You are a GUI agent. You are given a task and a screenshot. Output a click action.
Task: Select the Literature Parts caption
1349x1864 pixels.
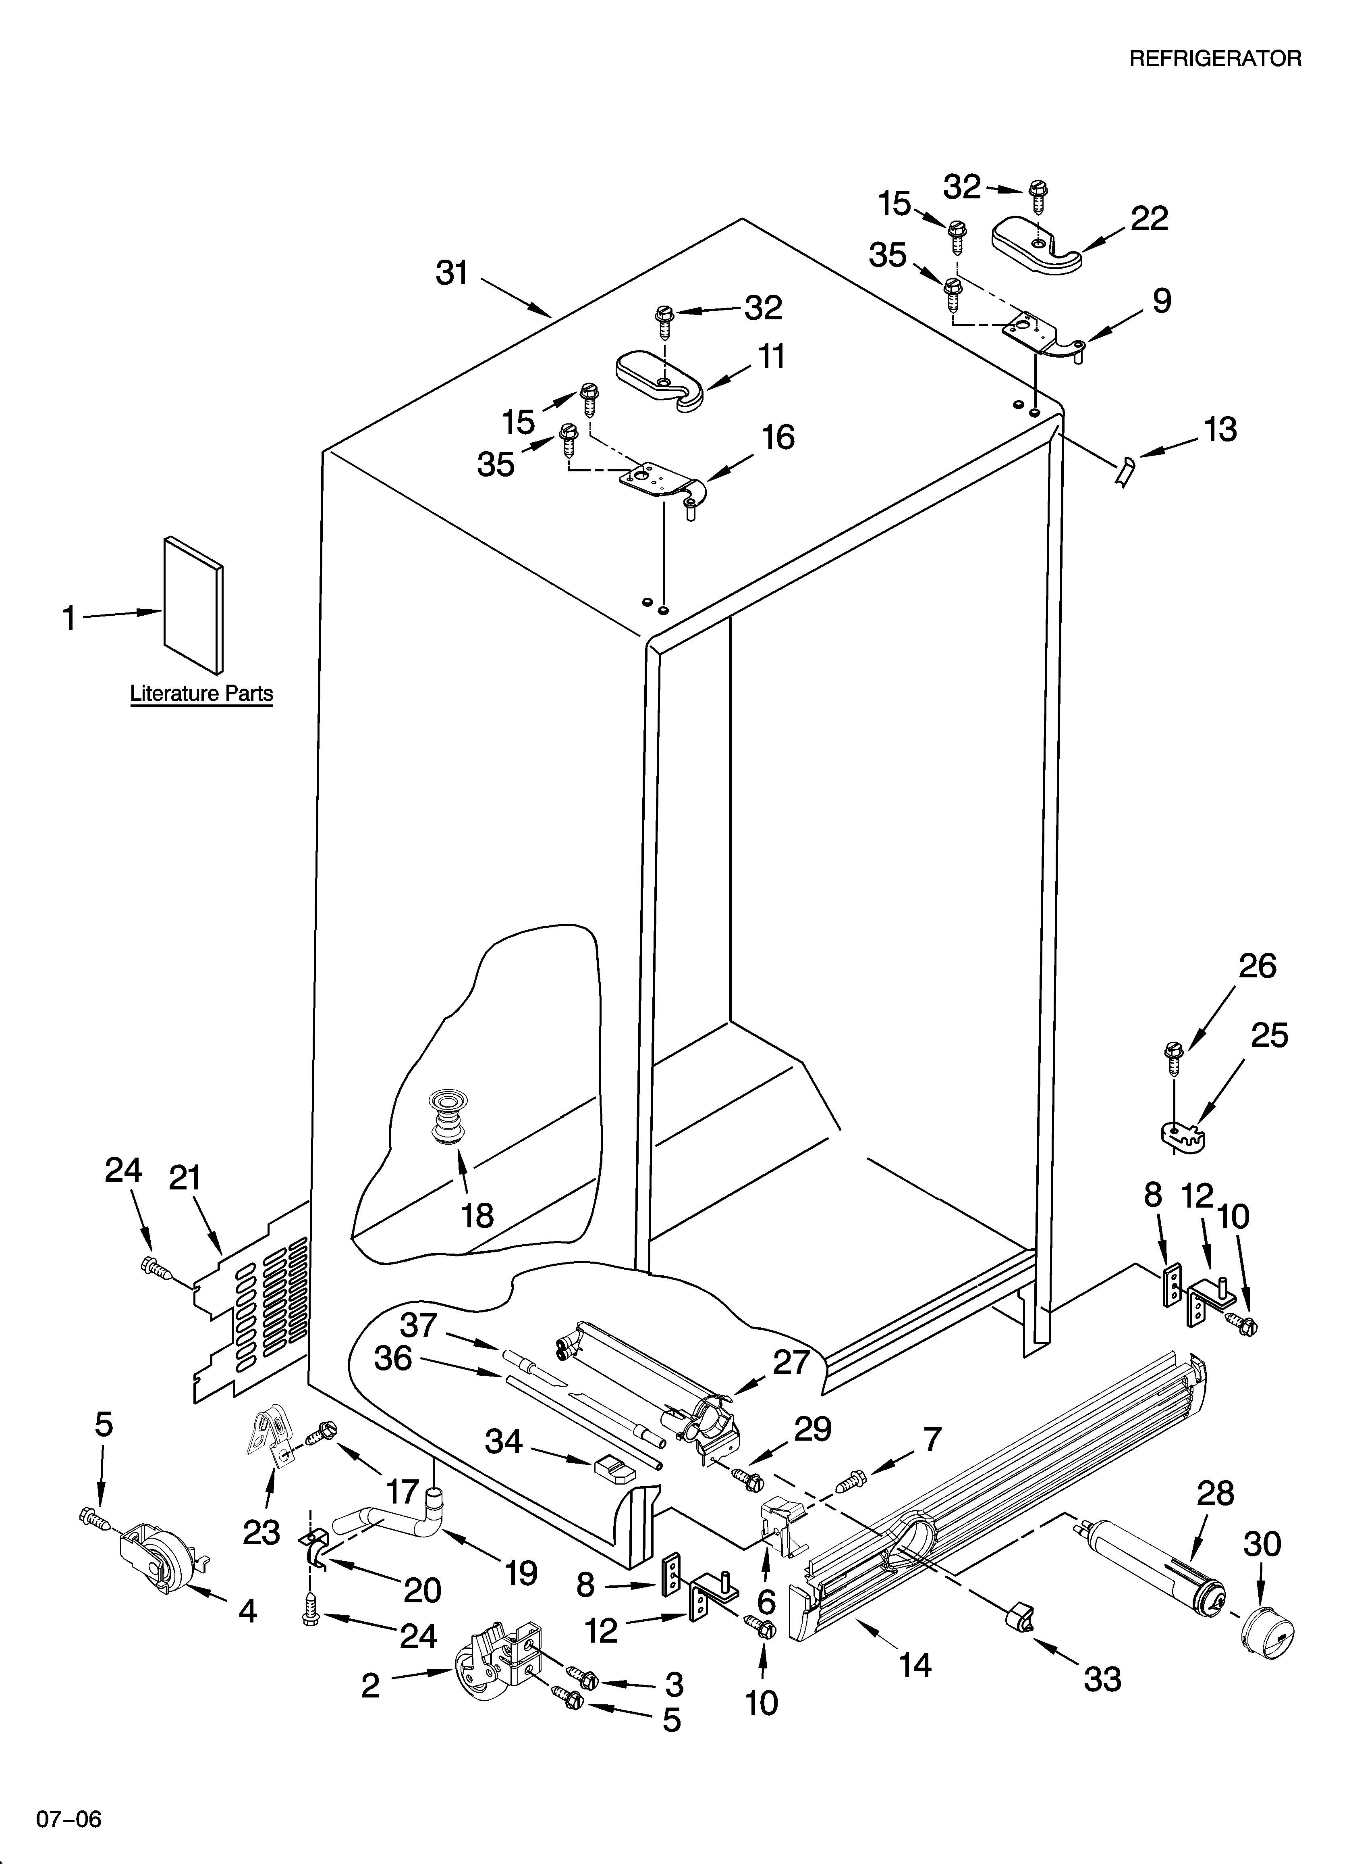pyautogui.click(x=201, y=694)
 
